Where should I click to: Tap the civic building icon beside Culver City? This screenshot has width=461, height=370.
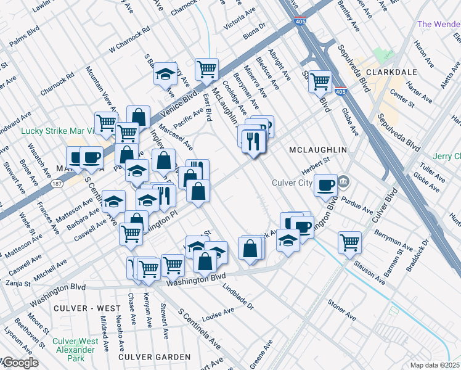click(344, 182)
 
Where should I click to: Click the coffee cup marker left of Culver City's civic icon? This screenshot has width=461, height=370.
click(325, 185)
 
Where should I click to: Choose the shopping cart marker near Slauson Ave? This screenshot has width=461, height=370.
click(349, 242)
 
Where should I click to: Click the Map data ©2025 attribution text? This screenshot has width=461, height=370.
click(434, 365)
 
